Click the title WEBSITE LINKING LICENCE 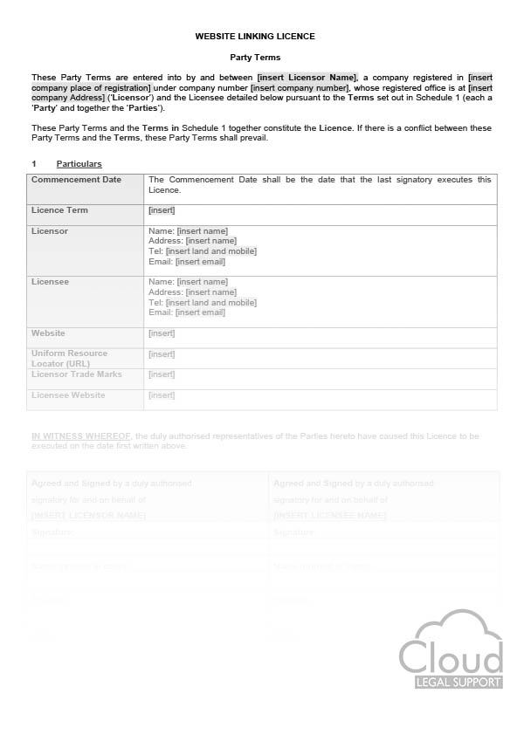[x=254, y=36]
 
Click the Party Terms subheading [x=255, y=57]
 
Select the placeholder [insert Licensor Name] [x=307, y=78]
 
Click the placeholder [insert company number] [x=300, y=87]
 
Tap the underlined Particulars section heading [x=79, y=164]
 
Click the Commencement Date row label [x=76, y=180]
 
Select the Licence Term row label [x=59, y=210]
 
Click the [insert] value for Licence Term [x=162, y=210]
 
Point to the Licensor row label [x=50, y=231]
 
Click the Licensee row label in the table [x=50, y=282]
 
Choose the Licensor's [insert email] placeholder [x=200, y=262]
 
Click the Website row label [x=48, y=333]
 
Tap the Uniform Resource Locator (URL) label [x=70, y=358]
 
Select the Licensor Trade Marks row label [x=77, y=374]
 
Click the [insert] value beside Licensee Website [x=162, y=395]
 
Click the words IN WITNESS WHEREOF [x=81, y=436]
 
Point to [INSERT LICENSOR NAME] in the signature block [x=88, y=516]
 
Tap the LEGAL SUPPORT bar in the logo [x=452, y=682]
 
